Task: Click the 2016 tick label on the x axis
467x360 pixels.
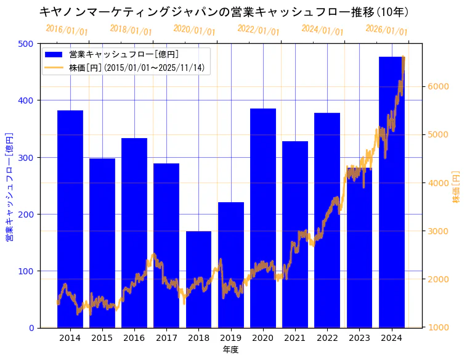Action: pos(134,338)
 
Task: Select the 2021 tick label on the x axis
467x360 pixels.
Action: pos(295,338)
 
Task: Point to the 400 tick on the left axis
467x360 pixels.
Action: pos(26,100)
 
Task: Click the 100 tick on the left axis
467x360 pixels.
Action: pos(26,271)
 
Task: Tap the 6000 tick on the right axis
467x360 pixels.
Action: pos(439,87)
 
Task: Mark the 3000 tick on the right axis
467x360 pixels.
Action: pos(439,231)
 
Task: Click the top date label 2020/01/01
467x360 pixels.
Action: pos(194,30)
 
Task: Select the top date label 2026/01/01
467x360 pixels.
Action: pos(386,30)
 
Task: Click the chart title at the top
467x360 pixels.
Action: pos(224,12)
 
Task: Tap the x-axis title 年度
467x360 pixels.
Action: pos(230,350)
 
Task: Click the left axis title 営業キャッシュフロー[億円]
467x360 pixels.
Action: pos(9,186)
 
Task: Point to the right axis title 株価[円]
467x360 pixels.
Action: pos(457,187)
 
